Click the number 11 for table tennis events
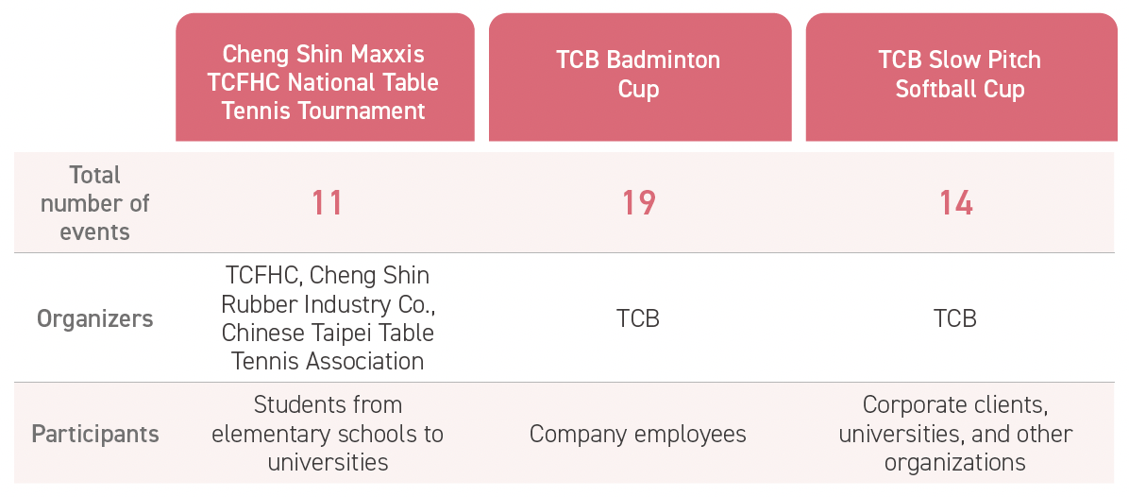(327, 203)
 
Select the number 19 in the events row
(639, 203)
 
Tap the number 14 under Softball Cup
(956, 203)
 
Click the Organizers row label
(95, 318)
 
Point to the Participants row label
(95, 434)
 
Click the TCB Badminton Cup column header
(639, 75)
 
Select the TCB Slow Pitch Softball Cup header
(960, 75)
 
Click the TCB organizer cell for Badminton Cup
(638, 318)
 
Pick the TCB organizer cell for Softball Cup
(954, 318)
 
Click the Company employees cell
(638, 434)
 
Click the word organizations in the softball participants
(954, 462)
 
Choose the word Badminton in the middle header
(663, 60)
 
